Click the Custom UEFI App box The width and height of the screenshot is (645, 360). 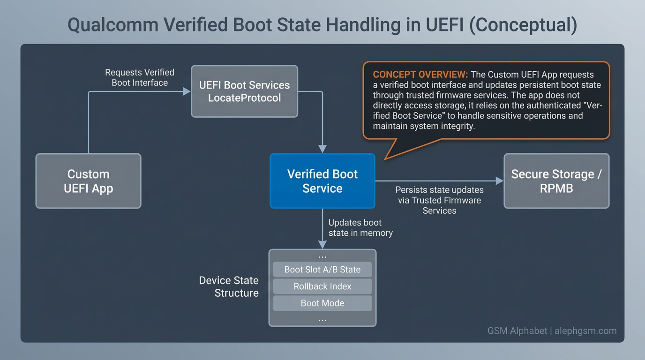(x=88, y=181)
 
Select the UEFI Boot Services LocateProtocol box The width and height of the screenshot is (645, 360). (x=244, y=91)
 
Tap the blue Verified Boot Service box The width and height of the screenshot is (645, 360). (x=322, y=181)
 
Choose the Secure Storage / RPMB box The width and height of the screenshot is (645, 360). (x=556, y=181)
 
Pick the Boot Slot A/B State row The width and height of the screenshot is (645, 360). (x=322, y=270)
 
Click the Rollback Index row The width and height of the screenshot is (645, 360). (x=322, y=286)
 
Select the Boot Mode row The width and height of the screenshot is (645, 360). (x=322, y=303)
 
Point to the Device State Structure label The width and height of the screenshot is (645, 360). (x=229, y=287)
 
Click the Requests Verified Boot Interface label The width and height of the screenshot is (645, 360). (x=140, y=78)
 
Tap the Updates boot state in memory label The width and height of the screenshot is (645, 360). (x=360, y=227)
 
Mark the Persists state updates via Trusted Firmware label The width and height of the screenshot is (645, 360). (x=439, y=200)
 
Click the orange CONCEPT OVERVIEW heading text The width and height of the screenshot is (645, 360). (x=420, y=75)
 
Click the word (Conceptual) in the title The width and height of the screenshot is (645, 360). (x=523, y=25)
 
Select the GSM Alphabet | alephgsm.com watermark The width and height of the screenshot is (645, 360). (x=552, y=331)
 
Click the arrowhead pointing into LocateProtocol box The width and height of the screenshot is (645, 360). (x=187, y=91)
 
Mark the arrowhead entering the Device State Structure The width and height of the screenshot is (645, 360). (x=322, y=244)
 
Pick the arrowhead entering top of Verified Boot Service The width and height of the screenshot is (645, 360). (x=322, y=149)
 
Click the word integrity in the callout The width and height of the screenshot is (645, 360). (x=456, y=127)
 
